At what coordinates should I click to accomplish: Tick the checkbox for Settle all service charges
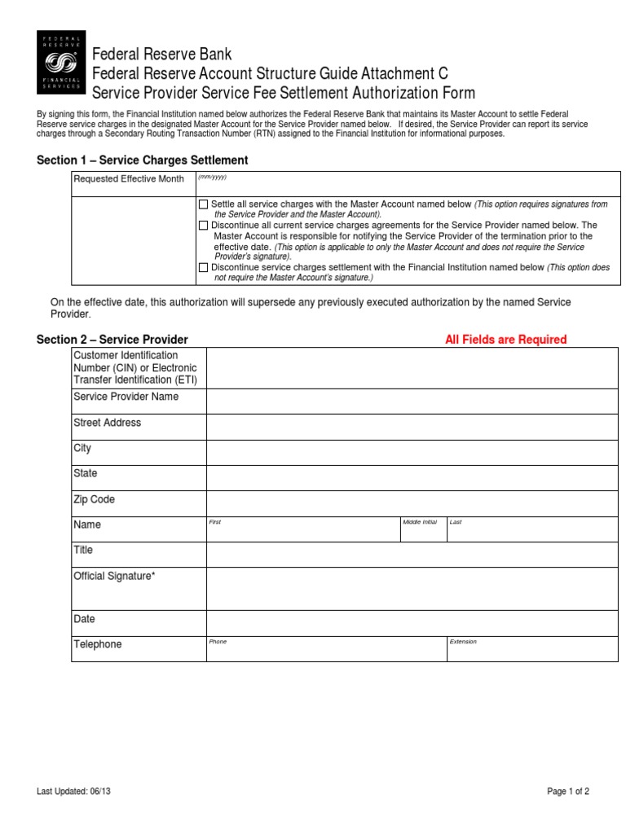203,204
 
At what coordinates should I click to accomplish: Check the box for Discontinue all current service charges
203,225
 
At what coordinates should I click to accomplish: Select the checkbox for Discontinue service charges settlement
203,267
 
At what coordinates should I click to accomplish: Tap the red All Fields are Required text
505,340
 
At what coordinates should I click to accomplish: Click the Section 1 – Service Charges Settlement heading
143,160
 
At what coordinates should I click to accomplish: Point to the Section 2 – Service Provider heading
112,340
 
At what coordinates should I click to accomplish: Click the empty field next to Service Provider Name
412,402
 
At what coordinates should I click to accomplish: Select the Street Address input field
412,427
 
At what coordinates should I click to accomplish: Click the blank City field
412,452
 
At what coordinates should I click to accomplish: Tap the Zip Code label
95,499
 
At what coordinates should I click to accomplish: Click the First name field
302,530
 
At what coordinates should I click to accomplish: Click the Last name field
531,530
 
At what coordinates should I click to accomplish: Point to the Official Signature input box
412,588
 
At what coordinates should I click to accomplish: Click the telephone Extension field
531,649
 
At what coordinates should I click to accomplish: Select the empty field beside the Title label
412,555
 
